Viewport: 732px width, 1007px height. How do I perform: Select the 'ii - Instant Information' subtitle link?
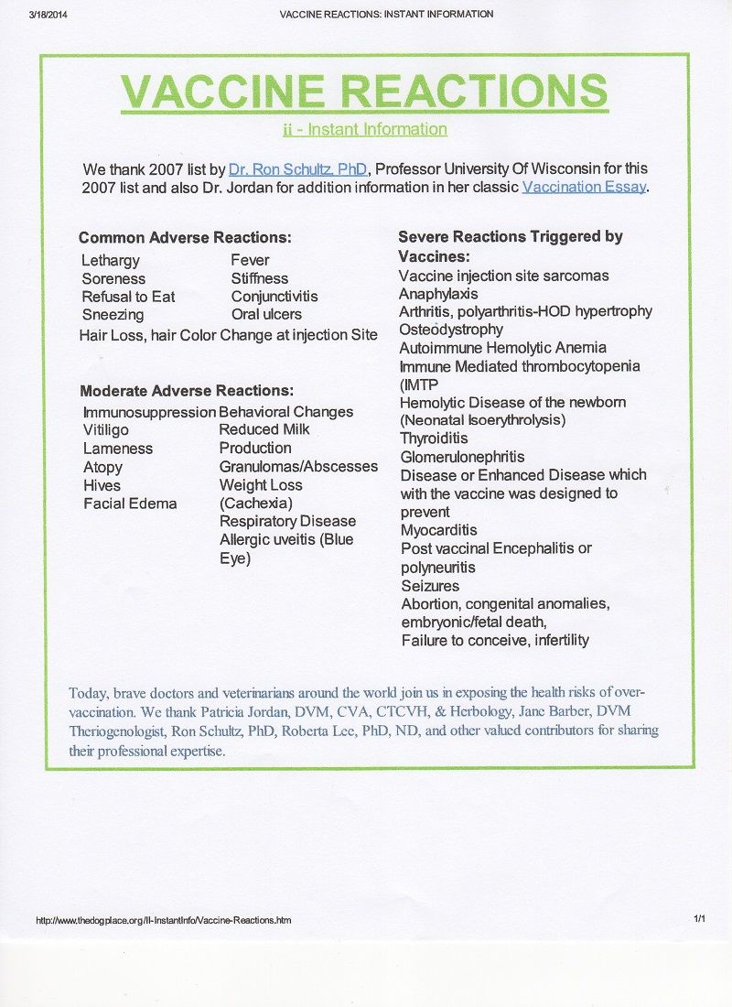pyautogui.click(x=365, y=129)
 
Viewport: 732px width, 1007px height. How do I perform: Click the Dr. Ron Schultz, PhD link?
pyautogui.click(x=297, y=169)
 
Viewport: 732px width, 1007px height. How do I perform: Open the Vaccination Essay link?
pyautogui.click(x=584, y=187)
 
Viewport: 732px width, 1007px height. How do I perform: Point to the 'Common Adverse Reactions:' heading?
pyautogui.click(x=185, y=238)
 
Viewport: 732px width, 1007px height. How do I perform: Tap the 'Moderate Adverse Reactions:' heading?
pyautogui.click(x=187, y=391)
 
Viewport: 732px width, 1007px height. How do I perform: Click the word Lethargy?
pyautogui.click(x=111, y=261)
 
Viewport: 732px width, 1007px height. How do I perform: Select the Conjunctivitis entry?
pyautogui.click(x=274, y=297)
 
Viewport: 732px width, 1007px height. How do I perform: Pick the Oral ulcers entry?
pyautogui.click(x=266, y=315)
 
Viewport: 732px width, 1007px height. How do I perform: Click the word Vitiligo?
pyautogui.click(x=106, y=430)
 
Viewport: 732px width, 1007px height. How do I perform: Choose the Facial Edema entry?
pyautogui.click(x=130, y=503)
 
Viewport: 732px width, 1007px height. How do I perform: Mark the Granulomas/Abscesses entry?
pyautogui.click(x=298, y=467)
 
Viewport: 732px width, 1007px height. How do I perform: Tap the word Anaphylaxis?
pyautogui.click(x=438, y=294)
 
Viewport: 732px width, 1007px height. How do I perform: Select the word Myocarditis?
pyautogui.click(x=439, y=530)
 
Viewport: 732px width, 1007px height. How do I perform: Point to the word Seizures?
pyautogui.click(x=430, y=586)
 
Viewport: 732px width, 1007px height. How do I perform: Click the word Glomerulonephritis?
pyautogui.click(x=463, y=457)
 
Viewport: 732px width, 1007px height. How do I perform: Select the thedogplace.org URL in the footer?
pyautogui.click(x=164, y=920)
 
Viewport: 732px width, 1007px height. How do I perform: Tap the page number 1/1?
pyautogui.click(x=699, y=919)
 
